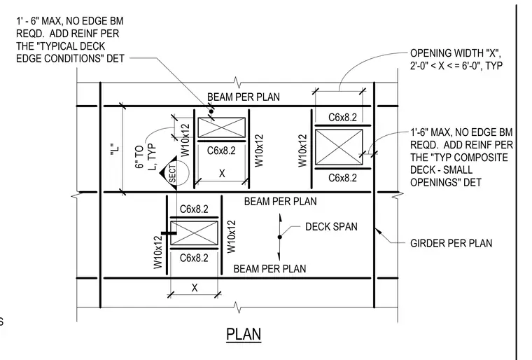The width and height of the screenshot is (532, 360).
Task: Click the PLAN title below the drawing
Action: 244,334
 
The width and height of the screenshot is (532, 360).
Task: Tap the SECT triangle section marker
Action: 169,173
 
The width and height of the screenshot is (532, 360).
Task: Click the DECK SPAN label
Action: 331,227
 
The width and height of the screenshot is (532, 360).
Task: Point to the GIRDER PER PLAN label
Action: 451,243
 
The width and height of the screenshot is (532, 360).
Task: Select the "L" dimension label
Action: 115,149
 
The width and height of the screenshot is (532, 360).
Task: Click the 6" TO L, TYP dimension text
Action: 145,157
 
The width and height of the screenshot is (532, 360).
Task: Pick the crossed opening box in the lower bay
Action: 194,233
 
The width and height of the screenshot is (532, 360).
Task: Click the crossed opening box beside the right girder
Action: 339,147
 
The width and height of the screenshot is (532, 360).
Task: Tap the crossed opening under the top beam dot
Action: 222,127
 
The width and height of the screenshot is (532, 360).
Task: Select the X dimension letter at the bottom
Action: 195,288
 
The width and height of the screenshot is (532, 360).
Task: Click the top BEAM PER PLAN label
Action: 244,97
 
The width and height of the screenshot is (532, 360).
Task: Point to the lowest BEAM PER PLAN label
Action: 269,269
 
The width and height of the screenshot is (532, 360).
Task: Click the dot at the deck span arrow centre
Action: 280,237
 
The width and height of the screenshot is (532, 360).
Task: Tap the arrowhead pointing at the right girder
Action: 378,233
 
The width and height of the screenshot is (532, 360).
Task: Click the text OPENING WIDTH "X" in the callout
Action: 455,53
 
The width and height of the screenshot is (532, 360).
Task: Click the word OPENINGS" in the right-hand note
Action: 446,183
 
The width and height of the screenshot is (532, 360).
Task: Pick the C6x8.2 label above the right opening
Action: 343,118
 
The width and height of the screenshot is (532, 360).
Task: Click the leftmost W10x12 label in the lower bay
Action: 158,252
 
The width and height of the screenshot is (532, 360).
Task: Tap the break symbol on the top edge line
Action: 237,82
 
